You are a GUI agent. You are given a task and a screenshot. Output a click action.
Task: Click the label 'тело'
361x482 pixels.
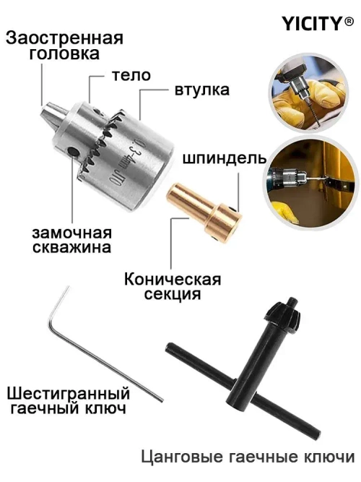131,75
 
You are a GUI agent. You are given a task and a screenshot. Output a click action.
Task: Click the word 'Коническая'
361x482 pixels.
172,279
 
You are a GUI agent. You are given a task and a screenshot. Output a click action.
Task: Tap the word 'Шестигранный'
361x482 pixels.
69,394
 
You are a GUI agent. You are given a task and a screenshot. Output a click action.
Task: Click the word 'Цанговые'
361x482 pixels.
178,457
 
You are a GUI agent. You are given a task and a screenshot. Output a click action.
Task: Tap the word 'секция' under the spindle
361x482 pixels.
172,295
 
